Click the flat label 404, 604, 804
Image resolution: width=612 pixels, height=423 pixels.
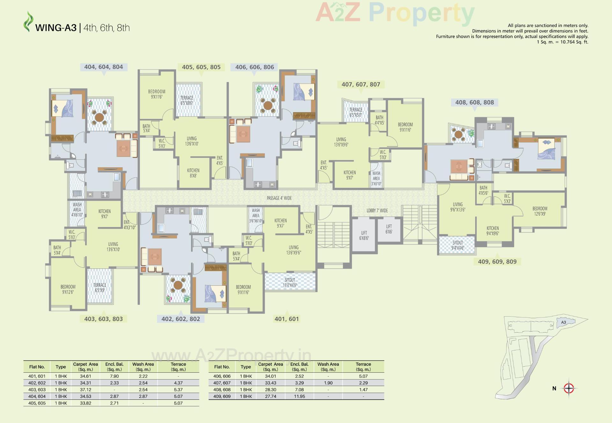(x=103, y=67)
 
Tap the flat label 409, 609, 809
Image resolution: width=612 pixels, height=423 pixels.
(x=497, y=262)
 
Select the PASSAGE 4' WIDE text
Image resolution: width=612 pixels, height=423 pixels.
(x=279, y=198)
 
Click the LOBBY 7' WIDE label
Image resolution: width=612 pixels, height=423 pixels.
(x=377, y=211)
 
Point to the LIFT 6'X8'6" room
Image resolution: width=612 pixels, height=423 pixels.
(x=364, y=235)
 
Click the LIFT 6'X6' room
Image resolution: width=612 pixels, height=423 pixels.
(x=389, y=229)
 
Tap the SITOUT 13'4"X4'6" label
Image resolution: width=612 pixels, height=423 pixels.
(x=290, y=283)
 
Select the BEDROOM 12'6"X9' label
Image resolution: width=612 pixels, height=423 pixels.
(x=540, y=211)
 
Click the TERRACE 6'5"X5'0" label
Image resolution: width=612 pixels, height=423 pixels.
(x=356, y=112)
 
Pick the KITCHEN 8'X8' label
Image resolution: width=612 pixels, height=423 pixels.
(x=193, y=173)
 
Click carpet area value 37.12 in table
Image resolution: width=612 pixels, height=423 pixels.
(x=85, y=390)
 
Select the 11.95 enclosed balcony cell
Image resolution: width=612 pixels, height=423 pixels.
(x=299, y=396)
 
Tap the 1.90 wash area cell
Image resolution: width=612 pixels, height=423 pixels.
(x=328, y=383)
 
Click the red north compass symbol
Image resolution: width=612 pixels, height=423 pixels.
(x=569, y=388)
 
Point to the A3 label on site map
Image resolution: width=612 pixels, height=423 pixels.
(x=564, y=322)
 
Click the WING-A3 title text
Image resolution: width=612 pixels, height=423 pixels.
(x=56, y=28)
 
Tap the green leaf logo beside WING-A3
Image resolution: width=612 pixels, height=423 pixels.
(x=28, y=22)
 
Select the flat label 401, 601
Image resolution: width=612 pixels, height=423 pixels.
(x=287, y=319)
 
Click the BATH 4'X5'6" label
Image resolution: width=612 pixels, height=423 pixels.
(x=483, y=190)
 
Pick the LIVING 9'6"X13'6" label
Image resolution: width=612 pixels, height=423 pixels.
(x=458, y=207)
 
